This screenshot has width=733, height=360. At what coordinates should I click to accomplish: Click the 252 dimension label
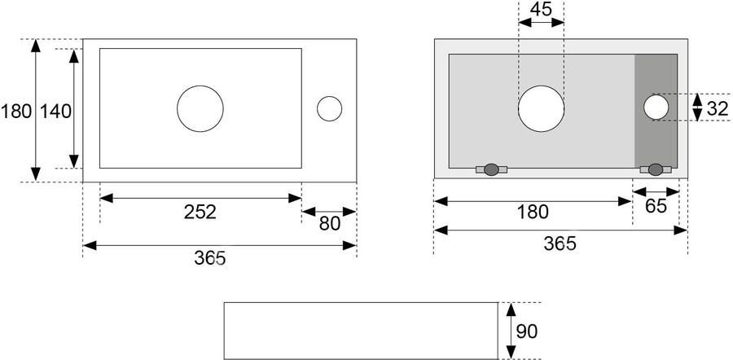200,213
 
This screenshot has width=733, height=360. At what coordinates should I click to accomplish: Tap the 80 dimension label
330,224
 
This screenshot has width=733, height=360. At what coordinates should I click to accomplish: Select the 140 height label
55,112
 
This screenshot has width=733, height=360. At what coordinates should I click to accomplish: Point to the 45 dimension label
542,9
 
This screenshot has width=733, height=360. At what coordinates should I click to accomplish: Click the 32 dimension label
718,109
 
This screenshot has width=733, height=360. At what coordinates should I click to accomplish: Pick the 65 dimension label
656,206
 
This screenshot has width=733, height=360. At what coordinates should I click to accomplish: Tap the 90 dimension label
527,331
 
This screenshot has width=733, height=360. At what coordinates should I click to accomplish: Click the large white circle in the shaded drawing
542,109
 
